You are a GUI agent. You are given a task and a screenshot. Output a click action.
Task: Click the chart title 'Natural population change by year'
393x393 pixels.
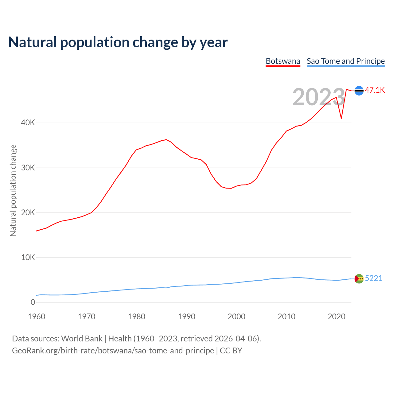(x=118, y=42)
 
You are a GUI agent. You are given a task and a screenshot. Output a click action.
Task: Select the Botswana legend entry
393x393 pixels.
(x=283, y=61)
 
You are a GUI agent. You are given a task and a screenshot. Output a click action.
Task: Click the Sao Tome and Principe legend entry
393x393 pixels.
(x=345, y=61)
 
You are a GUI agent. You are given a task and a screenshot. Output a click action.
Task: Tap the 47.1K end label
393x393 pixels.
(x=375, y=90)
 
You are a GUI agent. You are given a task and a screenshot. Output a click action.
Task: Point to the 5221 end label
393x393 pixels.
(x=374, y=278)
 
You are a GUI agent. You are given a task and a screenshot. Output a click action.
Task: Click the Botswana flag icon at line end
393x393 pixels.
(x=359, y=91)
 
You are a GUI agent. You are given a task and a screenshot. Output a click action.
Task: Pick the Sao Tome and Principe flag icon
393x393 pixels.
(x=359, y=278)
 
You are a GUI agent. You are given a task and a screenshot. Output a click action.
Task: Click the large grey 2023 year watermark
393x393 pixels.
(x=319, y=97)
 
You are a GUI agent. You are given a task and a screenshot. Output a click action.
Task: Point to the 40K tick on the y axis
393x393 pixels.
(x=28, y=123)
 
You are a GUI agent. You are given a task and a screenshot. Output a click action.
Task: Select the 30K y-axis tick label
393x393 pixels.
(x=28, y=168)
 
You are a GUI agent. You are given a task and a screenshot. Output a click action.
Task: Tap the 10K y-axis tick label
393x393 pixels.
(x=28, y=257)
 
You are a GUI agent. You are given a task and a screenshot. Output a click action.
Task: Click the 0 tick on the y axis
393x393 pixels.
(x=33, y=302)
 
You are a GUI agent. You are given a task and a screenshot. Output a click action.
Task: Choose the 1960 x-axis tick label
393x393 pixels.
(x=37, y=317)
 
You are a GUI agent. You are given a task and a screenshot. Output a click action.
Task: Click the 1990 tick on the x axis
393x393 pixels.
(x=186, y=317)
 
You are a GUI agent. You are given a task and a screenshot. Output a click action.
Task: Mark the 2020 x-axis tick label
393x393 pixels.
(x=337, y=317)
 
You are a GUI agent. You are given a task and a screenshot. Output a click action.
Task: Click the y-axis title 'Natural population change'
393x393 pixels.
(x=13, y=190)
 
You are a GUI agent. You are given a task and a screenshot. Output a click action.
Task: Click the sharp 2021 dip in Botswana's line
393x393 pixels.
(x=341, y=118)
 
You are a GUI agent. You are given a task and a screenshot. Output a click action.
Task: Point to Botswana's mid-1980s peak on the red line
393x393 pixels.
(x=166, y=140)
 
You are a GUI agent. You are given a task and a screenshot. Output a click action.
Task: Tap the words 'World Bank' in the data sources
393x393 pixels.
(x=82, y=339)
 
